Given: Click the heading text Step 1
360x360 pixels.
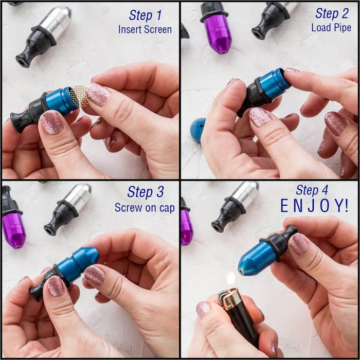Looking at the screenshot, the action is coord(146,15).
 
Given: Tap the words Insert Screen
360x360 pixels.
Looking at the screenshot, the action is coord(145,30).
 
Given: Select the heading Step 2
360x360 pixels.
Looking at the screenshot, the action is coord(332,13).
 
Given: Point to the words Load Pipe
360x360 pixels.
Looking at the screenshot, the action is coord(331,28).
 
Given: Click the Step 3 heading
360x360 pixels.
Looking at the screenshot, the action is coord(146,192).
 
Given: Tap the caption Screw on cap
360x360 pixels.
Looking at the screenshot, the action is coord(145,208).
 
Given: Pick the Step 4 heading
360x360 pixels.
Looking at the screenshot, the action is coord(312,190).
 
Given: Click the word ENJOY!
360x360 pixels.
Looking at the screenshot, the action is coord(315,206).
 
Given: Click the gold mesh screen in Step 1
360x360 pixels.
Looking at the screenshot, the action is coord(79,97).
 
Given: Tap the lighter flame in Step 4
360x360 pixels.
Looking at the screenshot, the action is coord(231,279).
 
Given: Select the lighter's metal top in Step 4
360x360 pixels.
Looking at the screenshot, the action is coord(229,298).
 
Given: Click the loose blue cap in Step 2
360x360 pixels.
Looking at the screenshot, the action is coord(198,130).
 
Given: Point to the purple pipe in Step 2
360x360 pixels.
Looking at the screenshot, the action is coord(217,28).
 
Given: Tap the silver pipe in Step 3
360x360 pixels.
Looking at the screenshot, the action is coord(67,209).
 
